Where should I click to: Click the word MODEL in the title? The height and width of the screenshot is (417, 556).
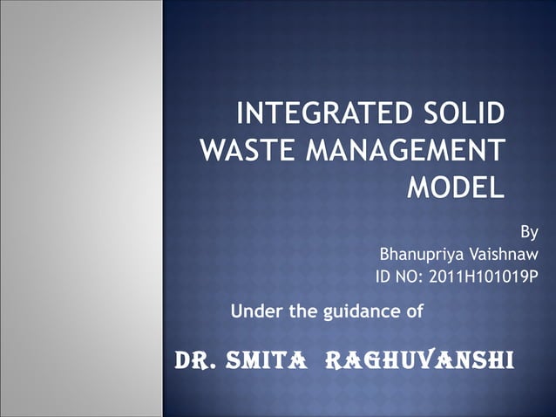pyautogui.click(x=457, y=188)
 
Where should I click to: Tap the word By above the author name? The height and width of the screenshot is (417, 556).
pyautogui.click(x=528, y=233)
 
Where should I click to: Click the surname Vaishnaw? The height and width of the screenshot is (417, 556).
pyautogui.click(x=505, y=256)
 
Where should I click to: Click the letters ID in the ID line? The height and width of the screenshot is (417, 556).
pyautogui.click(x=382, y=278)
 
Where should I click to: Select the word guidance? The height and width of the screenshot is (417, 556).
pyautogui.click(x=360, y=310)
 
